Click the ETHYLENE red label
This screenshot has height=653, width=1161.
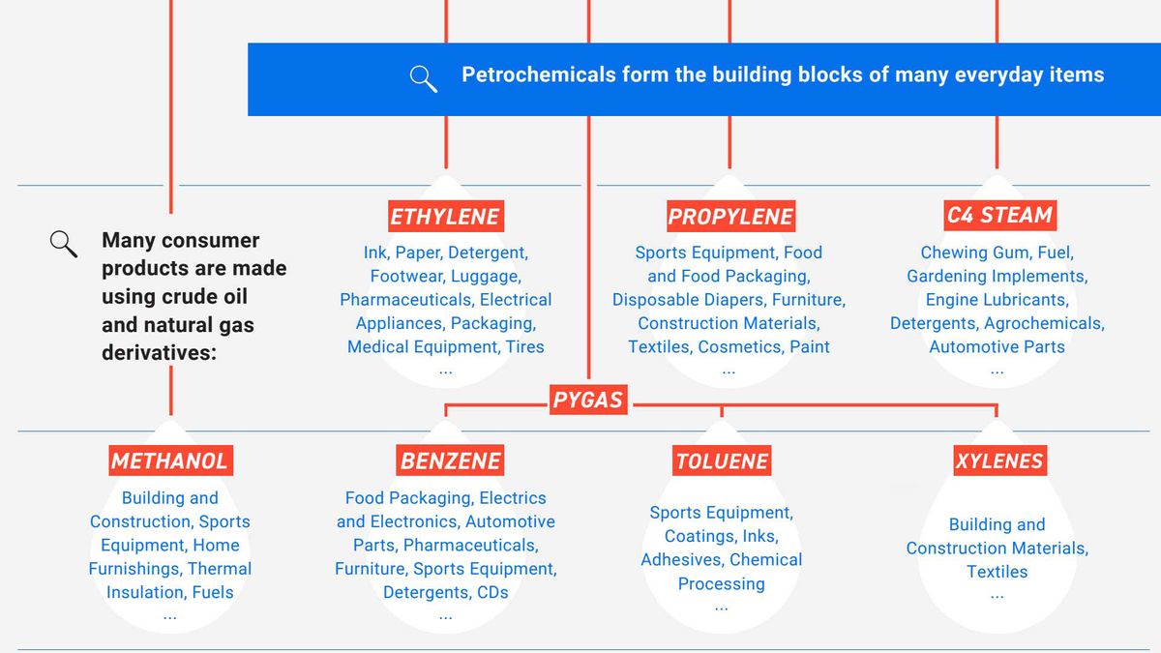(446, 216)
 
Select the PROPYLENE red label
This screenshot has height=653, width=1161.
(730, 216)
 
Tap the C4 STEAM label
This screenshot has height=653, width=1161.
(999, 215)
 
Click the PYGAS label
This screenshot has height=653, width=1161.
(588, 400)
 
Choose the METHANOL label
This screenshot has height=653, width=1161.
(170, 460)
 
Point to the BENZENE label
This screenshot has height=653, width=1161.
(450, 460)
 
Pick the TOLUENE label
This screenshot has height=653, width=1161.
(722, 460)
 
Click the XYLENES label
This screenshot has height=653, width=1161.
(999, 460)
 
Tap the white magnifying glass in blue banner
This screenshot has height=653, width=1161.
(424, 78)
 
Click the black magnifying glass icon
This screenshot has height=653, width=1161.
(64, 244)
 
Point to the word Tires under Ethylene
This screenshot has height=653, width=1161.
(525, 346)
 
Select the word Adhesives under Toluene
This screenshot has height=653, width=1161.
(682, 560)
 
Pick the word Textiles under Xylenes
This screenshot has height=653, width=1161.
(997, 572)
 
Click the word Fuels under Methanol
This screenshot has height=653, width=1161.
(213, 592)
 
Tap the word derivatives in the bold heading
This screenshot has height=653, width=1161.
(159, 353)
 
